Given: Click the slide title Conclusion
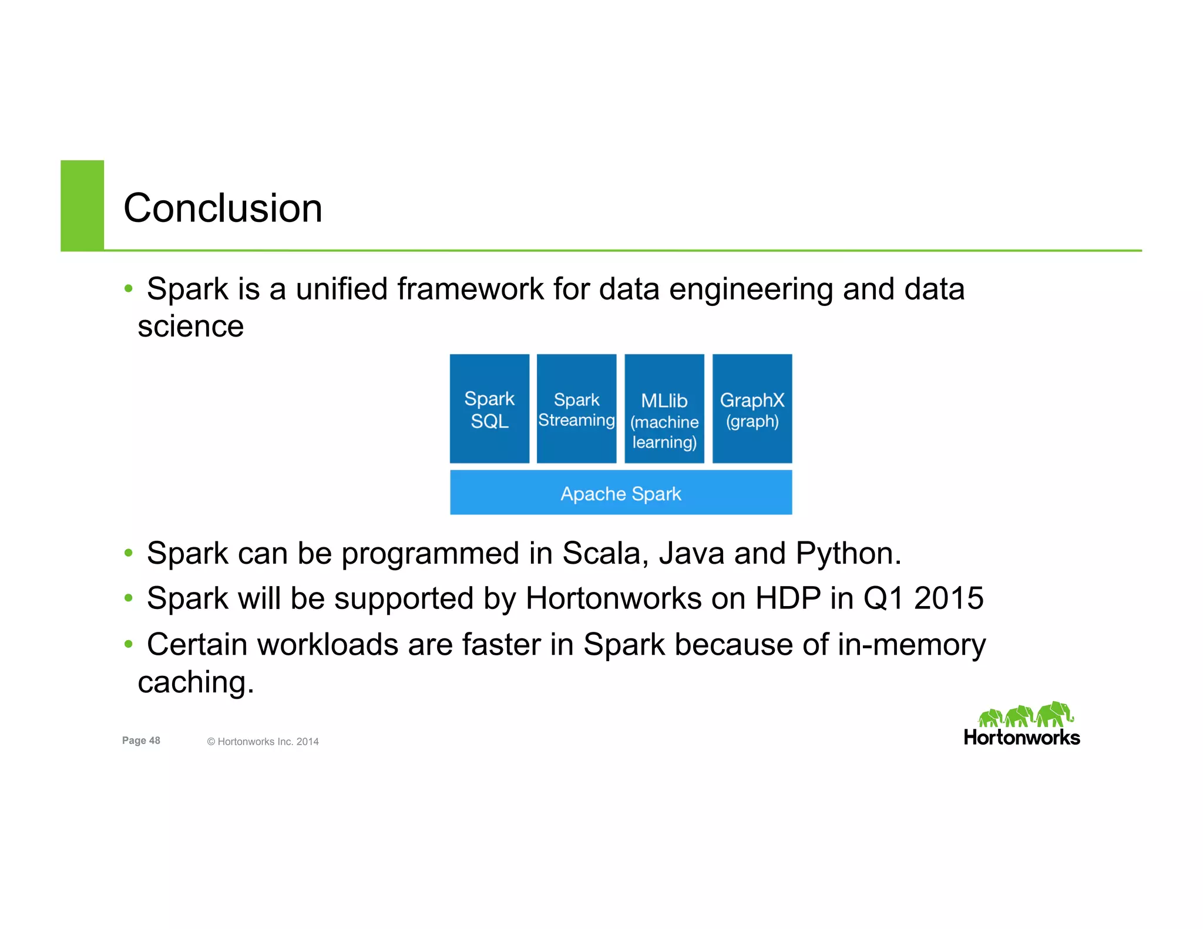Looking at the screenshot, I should pos(223,208).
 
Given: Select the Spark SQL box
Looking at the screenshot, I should pos(489,409).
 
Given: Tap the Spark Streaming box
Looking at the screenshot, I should pos(576,409).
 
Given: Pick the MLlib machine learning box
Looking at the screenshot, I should pos(664,409).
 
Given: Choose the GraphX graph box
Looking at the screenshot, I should pos(752,409).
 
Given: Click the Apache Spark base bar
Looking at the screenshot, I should pos(621,493).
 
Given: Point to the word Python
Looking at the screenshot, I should pos(848,554).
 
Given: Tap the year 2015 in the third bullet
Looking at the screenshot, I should pos(948,598).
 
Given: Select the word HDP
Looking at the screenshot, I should pos(788,598).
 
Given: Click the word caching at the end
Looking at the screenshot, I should pos(196,683).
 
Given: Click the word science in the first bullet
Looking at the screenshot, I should pos(190,327).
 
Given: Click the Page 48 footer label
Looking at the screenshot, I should pos(141,740).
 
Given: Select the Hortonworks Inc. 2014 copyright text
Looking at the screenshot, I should pos(263,742).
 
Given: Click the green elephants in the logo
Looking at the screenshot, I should pos(1025,715).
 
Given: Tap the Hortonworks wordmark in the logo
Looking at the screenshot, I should pos(1021,738).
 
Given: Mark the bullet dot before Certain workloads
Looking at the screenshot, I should pos(129,644).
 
